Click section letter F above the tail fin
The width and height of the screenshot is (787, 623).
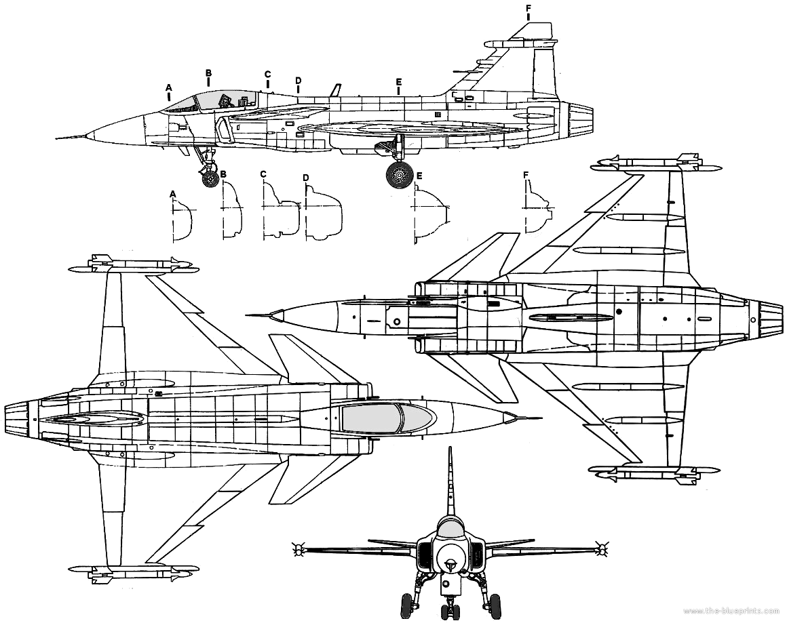[528, 8]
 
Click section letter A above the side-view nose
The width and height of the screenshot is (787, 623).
[169, 87]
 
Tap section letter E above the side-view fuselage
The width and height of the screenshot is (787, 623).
[398, 81]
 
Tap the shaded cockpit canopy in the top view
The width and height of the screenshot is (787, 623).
[387, 418]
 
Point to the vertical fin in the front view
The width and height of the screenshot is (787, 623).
[450, 482]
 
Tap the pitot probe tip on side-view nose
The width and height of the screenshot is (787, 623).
[57, 138]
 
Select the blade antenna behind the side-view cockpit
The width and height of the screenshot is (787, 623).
[334, 89]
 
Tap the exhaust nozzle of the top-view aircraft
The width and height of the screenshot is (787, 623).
[21, 418]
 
